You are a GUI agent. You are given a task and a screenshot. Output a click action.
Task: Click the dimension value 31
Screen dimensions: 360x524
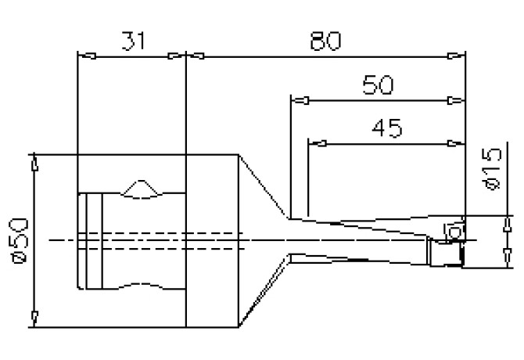pyautogui.click(x=132, y=41)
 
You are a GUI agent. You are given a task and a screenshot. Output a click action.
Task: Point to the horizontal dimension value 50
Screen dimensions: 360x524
pyautogui.click(x=379, y=85)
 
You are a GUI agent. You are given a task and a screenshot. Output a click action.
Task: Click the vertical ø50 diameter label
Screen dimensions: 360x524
pyautogui.click(x=17, y=239)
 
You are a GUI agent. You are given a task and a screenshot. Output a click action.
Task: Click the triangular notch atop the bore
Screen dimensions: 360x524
pyautogui.click(x=142, y=188)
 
